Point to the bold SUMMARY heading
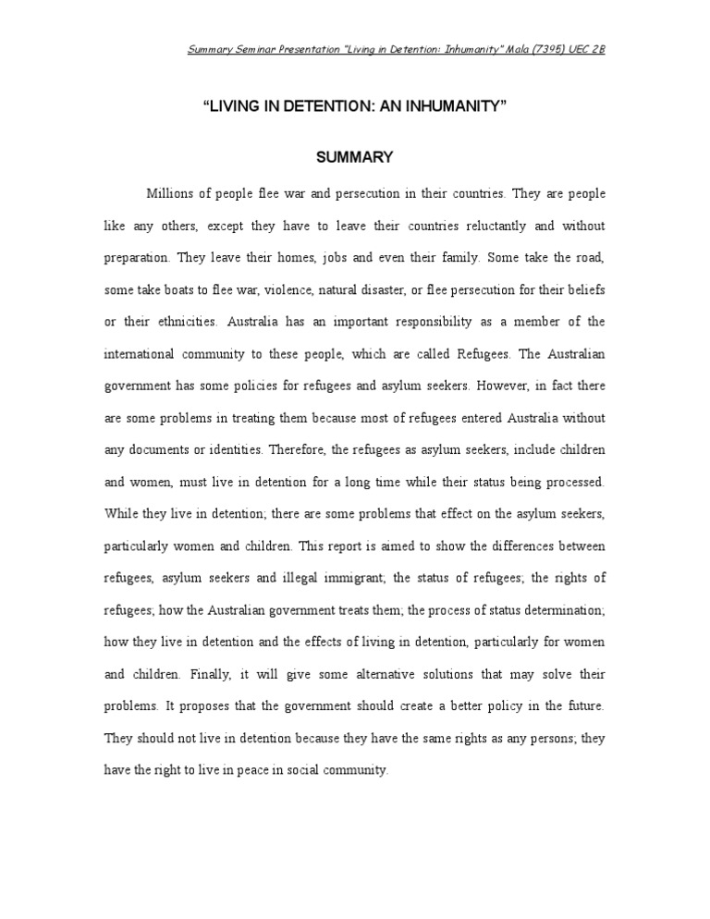(355, 157)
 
